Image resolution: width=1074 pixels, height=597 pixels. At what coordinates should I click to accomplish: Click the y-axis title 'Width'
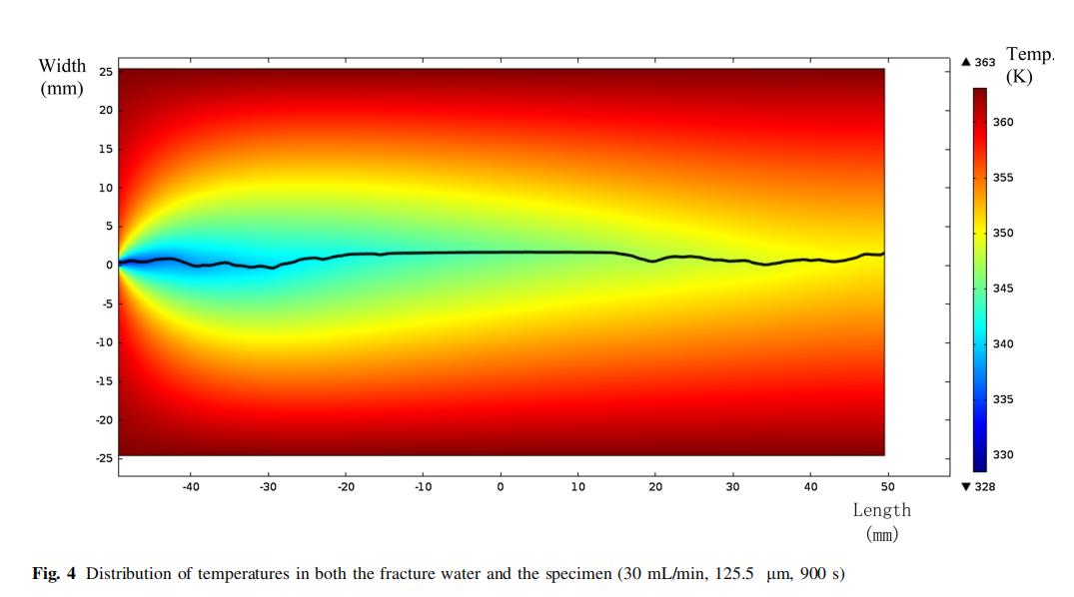pyautogui.click(x=62, y=66)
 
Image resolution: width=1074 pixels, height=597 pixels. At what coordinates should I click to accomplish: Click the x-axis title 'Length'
pyautogui.click(x=881, y=510)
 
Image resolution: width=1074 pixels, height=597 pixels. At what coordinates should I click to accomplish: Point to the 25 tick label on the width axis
pyautogui.click(x=105, y=71)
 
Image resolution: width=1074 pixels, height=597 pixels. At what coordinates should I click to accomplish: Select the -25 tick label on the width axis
pyautogui.click(x=103, y=458)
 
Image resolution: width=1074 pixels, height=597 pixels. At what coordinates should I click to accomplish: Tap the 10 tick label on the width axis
pyautogui.click(x=105, y=188)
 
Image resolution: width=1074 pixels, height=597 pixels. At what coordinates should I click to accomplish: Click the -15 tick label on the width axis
pyautogui.click(x=103, y=380)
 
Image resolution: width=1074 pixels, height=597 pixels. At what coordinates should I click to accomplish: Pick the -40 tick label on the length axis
pyautogui.click(x=190, y=487)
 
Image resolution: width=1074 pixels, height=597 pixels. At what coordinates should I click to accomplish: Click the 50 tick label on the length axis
pyautogui.click(x=887, y=487)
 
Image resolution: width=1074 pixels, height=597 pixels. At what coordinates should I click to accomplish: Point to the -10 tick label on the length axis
pyautogui.click(x=423, y=487)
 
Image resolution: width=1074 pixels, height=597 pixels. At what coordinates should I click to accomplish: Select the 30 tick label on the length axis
pyautogui.click(x=732, y=487)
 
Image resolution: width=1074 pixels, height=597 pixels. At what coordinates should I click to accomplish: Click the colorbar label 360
pyautogui.click(x=1003, y=123)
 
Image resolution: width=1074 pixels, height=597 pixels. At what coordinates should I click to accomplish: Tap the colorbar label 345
pyautogui.click(x=1003, y=289)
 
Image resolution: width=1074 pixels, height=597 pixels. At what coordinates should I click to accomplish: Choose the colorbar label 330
pyautogui.click(x=1003, y=455)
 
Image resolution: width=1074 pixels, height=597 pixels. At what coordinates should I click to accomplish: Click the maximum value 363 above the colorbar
pyautogui.click(x=985, y=62)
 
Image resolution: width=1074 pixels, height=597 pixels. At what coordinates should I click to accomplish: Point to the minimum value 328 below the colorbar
pyautogui.click(x=985, y=486)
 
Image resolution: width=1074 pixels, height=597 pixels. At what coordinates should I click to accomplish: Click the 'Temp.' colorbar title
pyautogui.click(x=1029, y=55)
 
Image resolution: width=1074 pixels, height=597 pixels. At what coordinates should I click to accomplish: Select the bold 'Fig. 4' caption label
pyautogui.click(x=54, y=574)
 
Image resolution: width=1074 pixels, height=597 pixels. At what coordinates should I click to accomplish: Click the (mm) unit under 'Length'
pyautogui.click(x=881, y=534)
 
